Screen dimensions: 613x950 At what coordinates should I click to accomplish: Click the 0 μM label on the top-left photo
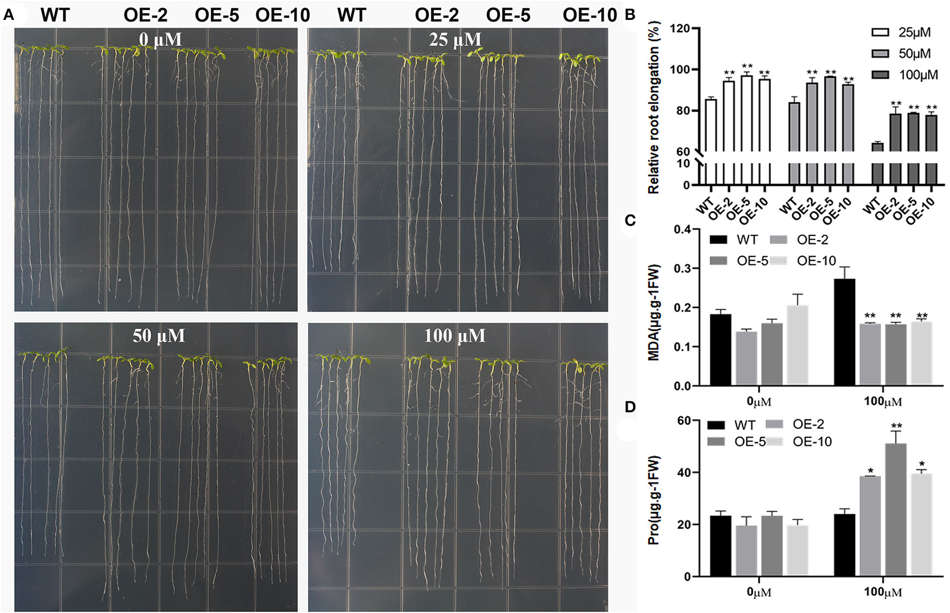pyautogui.click(x=160, y=40)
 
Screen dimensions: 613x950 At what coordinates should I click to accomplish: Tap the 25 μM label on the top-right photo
pyautogui.click(x=455, y=40)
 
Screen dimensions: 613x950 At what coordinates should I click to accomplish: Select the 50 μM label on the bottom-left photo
pyautogui.click(x=159, y=336)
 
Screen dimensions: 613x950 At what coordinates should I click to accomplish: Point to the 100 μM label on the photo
pyautogui.click(x=455, y=336)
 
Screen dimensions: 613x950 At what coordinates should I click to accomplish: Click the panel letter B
pyautogui.click(x=630, y=15)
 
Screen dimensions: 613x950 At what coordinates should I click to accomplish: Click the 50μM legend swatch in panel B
pyautogui.click(x=880, y=54)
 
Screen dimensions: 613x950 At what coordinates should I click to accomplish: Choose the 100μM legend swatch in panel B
pyautogui.click(x=880, y=75)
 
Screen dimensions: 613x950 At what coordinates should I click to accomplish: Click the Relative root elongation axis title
pyautogui.click(x=654, y=107)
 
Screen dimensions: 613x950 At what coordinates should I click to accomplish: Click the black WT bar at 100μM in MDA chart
pyautogui.click(x=844, y=333)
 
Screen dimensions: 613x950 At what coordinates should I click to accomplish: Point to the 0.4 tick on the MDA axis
pyautogui.click(x=682, y=230)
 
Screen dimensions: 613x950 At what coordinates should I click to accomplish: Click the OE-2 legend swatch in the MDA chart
pyautogui.click(x=778, y=240)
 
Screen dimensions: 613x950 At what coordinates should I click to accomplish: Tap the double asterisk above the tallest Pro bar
pyautogui.click(x=896, y=426)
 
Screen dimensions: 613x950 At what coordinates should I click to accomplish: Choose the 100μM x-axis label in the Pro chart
pyautogui.click(x=882, y=593)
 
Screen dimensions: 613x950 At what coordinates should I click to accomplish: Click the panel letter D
pyautogui.click(x=630, y=407)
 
